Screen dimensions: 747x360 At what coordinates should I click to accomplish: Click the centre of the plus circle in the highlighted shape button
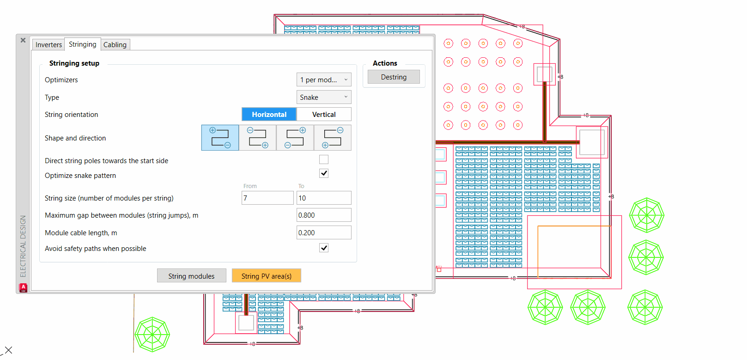213,130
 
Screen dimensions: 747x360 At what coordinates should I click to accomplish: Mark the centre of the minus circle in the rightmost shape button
340,130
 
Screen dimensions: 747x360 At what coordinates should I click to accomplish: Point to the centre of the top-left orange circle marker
448,43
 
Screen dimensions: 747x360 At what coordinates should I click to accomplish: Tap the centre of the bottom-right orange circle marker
517,125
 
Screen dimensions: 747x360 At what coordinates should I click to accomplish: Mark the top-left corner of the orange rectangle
538,226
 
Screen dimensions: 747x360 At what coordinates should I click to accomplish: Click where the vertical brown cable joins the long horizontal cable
545,142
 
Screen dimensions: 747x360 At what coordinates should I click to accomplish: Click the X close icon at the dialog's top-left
23,40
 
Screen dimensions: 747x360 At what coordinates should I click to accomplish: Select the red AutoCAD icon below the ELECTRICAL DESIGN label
23,287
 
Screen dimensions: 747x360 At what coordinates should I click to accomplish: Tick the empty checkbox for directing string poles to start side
323,159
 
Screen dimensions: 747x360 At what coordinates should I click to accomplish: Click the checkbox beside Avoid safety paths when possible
323,248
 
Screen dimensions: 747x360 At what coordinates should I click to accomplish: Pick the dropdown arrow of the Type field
346,97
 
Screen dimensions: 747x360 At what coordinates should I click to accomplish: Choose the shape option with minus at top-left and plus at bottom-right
257,138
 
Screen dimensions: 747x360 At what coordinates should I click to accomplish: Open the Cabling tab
115,45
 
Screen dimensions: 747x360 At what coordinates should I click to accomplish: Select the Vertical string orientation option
324,115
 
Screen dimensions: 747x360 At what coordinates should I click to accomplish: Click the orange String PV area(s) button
267,276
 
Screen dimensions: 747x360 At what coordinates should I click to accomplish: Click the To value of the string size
324,198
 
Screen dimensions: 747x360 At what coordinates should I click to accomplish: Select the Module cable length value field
324,232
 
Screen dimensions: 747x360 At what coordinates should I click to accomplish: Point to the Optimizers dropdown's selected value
318,80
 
